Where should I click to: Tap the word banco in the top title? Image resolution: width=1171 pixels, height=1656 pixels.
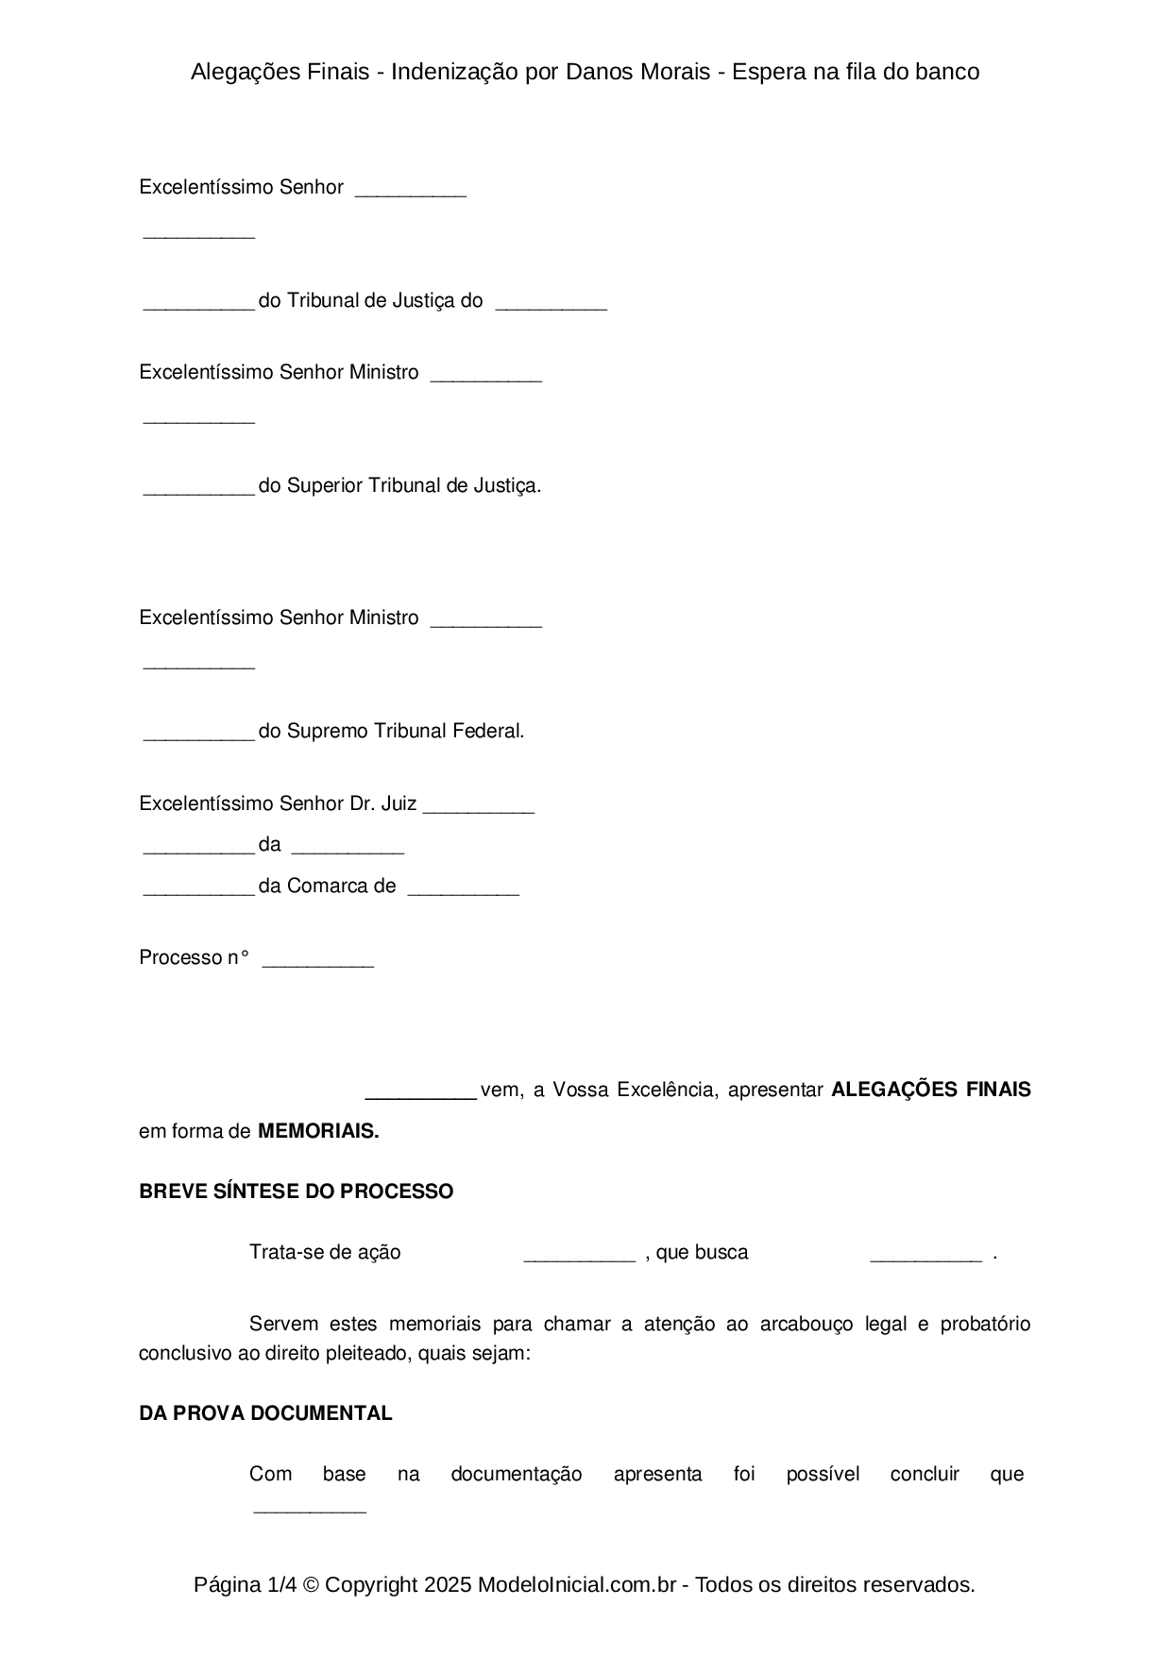point(947,72)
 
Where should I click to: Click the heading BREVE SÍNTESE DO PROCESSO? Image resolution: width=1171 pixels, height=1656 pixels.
point(296,1191)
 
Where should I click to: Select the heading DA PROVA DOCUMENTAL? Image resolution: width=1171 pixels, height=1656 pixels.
point(265,1413)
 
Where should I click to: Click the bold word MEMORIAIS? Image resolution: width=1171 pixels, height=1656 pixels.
point(318,1131)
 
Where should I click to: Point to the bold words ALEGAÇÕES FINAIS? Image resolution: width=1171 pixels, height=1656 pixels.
point(930,1090)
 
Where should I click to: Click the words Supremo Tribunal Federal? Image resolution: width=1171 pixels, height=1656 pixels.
point(404,731)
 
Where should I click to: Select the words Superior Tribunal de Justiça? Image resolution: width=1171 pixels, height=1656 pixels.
point(413,485)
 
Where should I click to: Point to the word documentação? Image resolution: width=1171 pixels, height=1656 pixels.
point(516,1474)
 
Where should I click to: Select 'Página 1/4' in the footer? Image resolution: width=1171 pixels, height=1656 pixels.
point(239,1584)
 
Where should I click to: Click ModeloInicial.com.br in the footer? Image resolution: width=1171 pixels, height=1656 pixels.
point(576,1584)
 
